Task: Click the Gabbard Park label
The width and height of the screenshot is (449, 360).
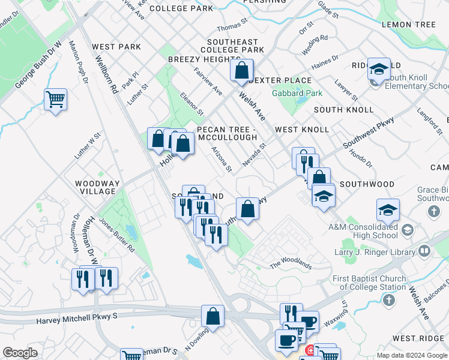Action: [x=297, y=93]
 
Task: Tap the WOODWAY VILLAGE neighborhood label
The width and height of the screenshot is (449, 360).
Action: [x=95, y=187]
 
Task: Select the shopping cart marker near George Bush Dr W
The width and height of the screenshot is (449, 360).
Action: [x=55, y=99]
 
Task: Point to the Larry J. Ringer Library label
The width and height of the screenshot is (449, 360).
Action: [x=375, y=253]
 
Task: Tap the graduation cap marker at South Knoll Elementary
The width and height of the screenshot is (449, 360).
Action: [x=379, y=70]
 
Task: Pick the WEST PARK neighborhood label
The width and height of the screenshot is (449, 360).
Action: [x=116, y=47]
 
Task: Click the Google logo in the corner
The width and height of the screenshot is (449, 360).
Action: [x=20, y=353]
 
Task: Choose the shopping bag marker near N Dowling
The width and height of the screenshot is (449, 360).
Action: [x=212, y=315]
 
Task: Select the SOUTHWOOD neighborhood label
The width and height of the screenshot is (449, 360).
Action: [x=367, y=185]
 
